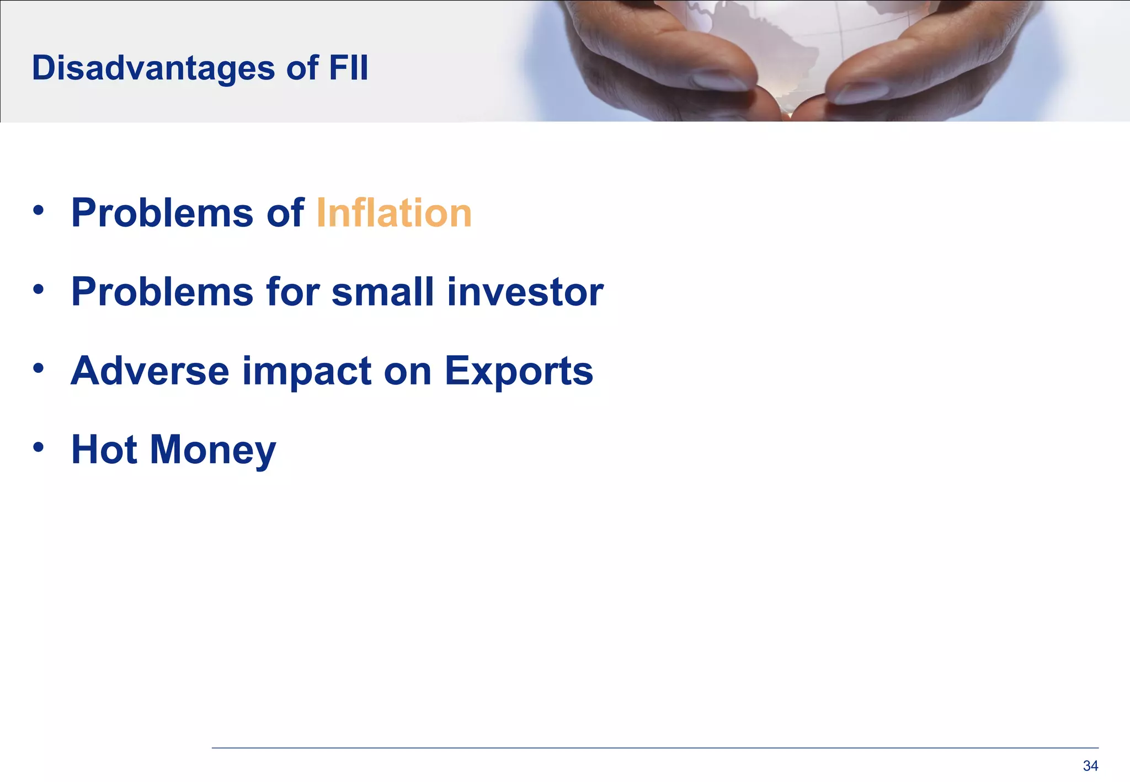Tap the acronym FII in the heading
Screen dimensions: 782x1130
(348, 68)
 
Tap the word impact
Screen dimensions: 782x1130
(307, 372)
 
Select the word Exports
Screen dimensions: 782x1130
(519, 372)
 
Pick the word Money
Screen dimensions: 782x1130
(213, 451)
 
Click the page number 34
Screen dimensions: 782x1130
(1090, 765)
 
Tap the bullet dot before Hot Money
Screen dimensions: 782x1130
(38, 447)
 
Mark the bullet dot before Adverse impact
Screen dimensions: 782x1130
(38, 368)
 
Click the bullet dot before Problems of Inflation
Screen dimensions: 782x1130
(38, 210)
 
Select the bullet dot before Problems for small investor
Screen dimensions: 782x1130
(38, 289)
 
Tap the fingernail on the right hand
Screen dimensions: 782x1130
(861, 93)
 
